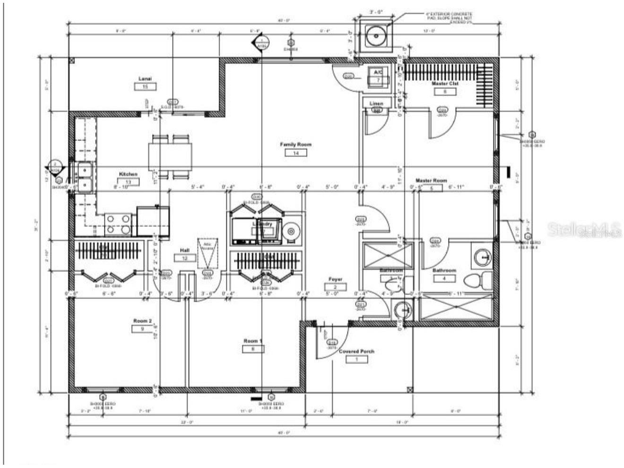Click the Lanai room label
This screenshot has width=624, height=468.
point(145,78)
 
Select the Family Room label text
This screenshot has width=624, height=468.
point(295,145)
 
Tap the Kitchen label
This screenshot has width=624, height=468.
point(128,174)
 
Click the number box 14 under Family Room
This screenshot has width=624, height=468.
point(296,153)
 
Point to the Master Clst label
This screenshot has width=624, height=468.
point(445,84)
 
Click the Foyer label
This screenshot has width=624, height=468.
point(335,279)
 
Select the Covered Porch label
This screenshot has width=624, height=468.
point(356,351)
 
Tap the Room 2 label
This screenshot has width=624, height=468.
point(142,321)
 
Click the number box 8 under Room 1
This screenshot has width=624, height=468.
point(253,349)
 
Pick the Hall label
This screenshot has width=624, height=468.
point(184,250)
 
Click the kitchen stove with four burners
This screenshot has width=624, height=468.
point(118,224)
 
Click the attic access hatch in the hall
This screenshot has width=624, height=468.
point(208,252)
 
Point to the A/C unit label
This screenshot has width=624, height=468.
point(378,72)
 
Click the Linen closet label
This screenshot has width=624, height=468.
point(376,104)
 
